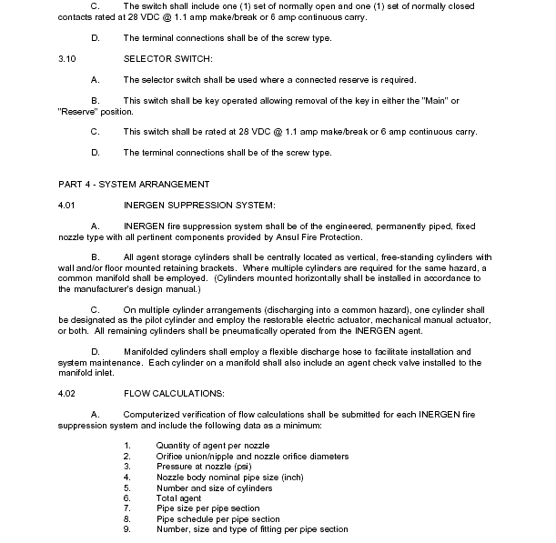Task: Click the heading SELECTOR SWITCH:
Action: [167, 59]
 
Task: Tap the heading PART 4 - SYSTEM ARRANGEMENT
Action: [134, 184]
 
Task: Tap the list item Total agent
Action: [179, 498]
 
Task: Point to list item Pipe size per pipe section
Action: [207, 508]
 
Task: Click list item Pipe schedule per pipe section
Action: [218, 519]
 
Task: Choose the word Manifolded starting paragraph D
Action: [150, 351]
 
